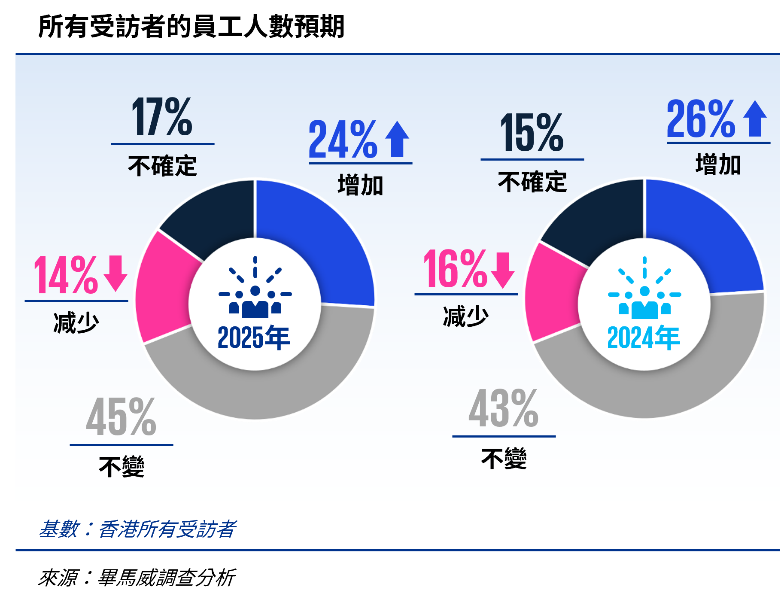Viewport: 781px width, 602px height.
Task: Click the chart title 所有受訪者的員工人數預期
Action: (191, 27)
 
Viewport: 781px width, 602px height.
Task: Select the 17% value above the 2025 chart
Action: (162, 117)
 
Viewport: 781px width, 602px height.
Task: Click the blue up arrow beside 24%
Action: (397, 139)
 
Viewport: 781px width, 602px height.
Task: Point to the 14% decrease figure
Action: (66, 275)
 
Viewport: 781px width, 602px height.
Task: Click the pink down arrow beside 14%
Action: (115, 273)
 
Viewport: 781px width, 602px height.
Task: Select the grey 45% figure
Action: (121, 417)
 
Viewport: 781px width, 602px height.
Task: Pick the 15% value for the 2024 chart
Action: (532, 133)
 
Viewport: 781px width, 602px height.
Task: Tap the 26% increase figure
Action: (701, 119)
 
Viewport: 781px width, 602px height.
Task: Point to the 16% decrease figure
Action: (455, 269)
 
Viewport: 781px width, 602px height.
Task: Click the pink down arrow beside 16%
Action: (503, 270)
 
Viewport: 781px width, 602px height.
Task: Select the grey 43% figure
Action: (503, 408)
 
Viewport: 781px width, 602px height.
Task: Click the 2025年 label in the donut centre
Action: (254, 337)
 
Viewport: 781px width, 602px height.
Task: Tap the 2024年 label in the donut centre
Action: (644, 337)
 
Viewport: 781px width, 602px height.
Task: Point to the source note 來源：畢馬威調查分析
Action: (137, 578)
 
